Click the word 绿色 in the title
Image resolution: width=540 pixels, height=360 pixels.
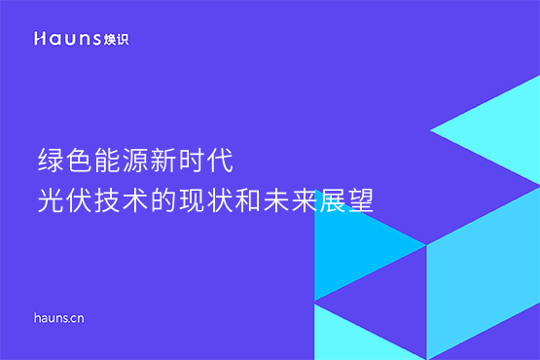click(60, 159)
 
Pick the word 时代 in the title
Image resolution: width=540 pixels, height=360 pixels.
click(202, 159)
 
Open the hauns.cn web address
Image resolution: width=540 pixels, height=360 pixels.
click(59, 317)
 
